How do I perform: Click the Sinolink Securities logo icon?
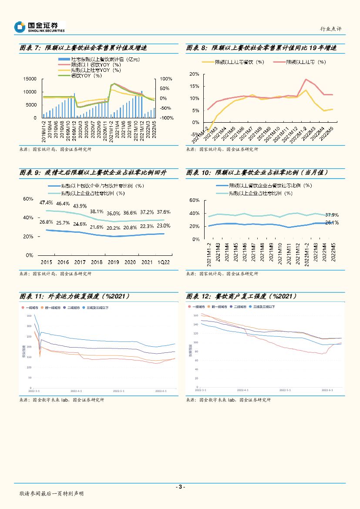click(x=20, y=27)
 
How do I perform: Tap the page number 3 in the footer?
click(x=180, y=487)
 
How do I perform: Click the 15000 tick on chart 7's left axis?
click(x=30, y=79)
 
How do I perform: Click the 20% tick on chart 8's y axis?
click(x=194, y=74)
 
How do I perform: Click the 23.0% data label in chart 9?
click(x=164, y=226)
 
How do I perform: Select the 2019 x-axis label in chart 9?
click(x=113, y=262)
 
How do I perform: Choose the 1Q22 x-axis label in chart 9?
click(x=164, y=262)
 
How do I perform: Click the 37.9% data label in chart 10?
click(x=332, y=215)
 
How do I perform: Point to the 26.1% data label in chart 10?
click(x=332, y=223)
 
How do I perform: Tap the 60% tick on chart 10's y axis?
click(x=194, y=201)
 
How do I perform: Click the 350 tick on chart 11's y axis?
click(x=29, y=316)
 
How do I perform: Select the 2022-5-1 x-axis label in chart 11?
click(x=119, y=391)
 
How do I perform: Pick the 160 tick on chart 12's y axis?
click(x=196, y=315)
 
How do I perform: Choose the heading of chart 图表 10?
click(x=257, y=173)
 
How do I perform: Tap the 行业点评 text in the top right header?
click(x=331, y=29)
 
